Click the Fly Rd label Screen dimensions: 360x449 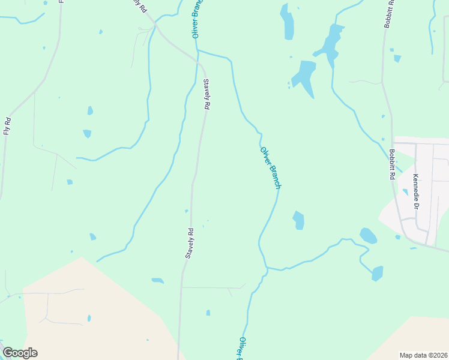point(7,125)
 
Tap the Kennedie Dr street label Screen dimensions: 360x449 point(415,191)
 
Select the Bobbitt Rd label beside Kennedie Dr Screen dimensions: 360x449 point(391,164)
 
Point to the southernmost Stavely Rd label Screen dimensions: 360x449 point(188,243)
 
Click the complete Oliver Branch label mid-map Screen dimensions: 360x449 point(271,167)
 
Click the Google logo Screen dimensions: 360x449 point(20,353)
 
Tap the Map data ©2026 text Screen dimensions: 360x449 point(424,355)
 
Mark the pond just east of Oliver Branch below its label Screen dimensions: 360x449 point(298,220)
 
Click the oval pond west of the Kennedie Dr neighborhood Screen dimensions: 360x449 point(368,235)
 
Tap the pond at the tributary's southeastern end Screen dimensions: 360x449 point(377,274)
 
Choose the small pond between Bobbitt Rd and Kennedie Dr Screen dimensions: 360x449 point(405,192)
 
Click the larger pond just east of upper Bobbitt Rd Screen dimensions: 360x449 point(397,58)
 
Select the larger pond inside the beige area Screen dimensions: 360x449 point(89,318)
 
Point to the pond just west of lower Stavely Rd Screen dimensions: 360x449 point(158,280)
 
